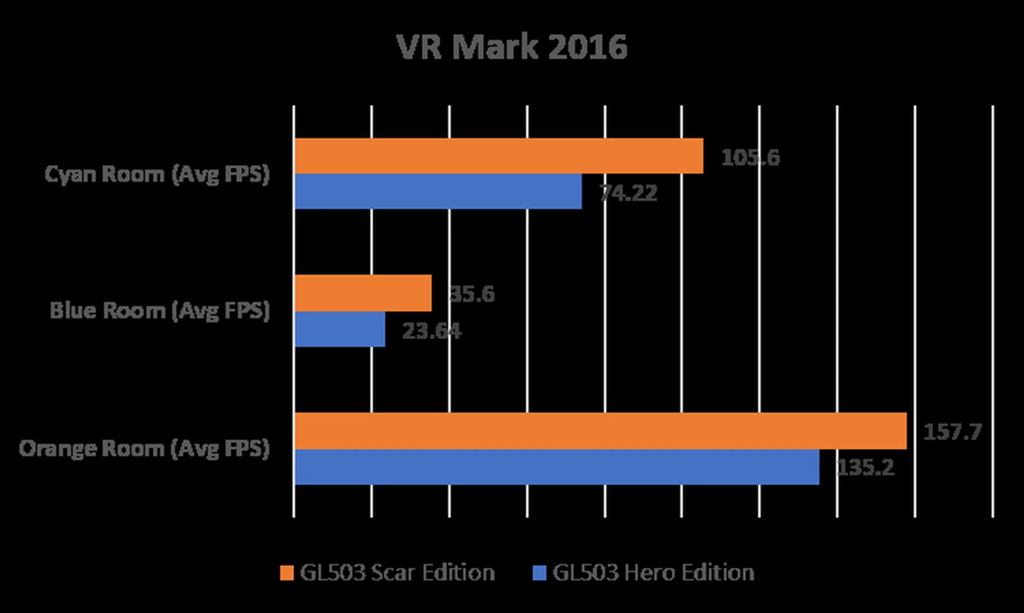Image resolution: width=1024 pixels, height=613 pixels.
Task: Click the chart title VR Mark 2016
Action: coord(511,47)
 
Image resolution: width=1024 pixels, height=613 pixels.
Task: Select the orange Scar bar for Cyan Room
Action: coord(499,156)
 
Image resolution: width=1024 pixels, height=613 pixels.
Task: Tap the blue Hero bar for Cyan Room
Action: coord(438,191)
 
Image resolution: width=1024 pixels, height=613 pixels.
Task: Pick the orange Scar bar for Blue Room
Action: coord(363,293)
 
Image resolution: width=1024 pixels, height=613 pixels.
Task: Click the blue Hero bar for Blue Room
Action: coord(340,329)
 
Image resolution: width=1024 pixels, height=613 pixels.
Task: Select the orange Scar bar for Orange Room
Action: coord(600,431)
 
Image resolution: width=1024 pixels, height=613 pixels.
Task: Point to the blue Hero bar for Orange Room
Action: coord(556,467)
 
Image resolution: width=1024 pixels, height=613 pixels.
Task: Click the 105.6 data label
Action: coord(750,157)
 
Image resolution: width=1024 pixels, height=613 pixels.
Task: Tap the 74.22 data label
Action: coord(628,193)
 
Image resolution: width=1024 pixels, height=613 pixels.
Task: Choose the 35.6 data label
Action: coord(472,294)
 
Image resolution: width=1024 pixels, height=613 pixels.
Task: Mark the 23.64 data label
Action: coord(431,331)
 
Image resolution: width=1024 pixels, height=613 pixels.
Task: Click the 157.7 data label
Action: coord(952,432)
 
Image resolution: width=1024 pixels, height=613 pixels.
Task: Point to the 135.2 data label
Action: coord(865,467)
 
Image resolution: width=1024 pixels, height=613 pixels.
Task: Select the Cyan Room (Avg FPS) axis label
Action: coord(157,174)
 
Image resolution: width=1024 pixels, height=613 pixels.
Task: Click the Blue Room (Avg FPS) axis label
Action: coord(160,311)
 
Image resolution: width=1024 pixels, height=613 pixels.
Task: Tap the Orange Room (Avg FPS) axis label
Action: coord(145,448)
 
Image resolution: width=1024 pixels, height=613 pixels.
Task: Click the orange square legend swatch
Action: coord(287,573)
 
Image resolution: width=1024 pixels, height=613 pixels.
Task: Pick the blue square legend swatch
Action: coord(540,573)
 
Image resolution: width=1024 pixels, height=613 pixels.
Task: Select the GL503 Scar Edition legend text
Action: coord(397,572)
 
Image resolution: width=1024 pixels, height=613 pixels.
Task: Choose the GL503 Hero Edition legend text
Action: coord(653,572)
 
